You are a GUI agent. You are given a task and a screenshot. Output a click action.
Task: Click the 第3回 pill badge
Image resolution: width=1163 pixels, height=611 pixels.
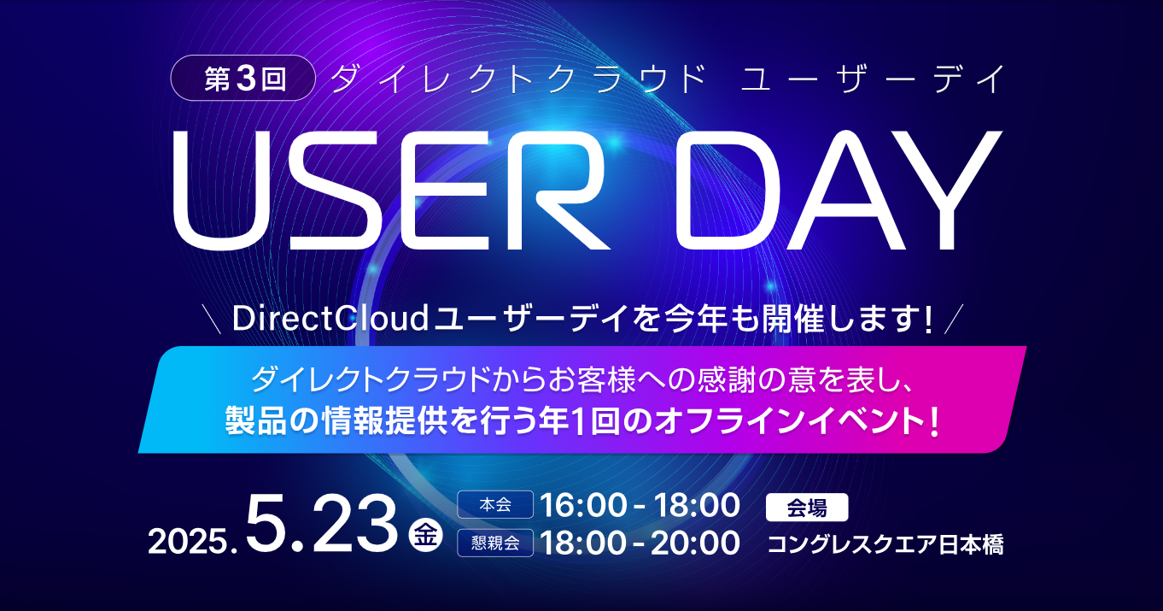coord(243,78)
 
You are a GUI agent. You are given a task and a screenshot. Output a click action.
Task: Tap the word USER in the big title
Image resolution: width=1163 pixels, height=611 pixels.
coord(391,191)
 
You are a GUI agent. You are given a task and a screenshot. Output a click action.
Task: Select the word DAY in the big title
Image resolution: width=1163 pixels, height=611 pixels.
coord(838,191)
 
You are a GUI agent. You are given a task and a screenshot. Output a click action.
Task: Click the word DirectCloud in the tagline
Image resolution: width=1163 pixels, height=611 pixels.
coord(330,318)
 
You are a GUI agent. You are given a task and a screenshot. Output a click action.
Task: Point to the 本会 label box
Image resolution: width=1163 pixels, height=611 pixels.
coord(495,504)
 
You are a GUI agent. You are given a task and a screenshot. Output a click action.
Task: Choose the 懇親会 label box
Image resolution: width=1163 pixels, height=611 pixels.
coord(495,543)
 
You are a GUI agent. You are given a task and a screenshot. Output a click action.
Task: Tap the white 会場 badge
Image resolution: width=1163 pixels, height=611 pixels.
coord(807,508)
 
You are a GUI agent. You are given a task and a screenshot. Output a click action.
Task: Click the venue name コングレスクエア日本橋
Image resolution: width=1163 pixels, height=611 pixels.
coord(885,544)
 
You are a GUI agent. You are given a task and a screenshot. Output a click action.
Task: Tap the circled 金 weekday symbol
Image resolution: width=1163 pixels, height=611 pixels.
coord(426,535)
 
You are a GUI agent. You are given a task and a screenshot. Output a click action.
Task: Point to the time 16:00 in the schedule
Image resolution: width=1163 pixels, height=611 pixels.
coord(583,505)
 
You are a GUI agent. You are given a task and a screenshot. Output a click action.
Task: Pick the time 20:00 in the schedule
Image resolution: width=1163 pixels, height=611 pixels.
coord(696,543)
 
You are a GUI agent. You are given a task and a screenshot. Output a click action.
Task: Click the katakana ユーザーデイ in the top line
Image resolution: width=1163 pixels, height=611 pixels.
coord(873,79)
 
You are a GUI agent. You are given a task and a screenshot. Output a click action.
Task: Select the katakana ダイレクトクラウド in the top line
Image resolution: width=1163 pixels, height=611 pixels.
coord(517,79)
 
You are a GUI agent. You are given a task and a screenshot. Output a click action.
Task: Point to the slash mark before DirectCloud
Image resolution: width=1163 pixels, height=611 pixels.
coord(213,319)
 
